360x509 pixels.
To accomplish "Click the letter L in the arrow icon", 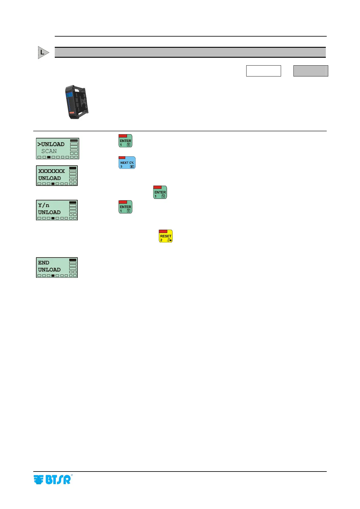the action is (42, 52).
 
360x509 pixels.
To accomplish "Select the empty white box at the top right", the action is (263, 71).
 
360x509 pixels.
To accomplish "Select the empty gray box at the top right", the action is (311, 71).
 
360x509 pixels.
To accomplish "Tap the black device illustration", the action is (77, 102).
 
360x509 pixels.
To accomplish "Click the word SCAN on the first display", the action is (49, 151).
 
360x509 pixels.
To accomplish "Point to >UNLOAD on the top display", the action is (51, 144).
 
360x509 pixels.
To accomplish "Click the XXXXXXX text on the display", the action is (51, 171).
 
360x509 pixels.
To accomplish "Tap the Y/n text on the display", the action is (44, 206).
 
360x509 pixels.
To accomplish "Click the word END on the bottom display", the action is (44, 263).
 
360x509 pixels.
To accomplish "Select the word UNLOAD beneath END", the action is (49, 270).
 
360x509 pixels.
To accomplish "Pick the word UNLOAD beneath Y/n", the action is (49, 212).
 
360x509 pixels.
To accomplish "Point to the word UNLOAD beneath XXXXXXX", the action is (50, 178).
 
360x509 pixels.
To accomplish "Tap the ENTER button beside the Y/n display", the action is (125, 207).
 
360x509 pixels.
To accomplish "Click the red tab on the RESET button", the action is (163, 231).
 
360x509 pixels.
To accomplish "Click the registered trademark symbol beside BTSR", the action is (72, 475).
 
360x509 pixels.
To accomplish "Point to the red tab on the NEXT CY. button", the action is (122, 158).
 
